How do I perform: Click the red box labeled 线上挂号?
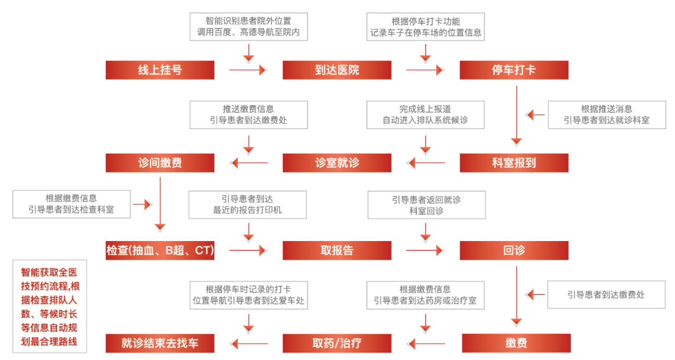click(160, 70)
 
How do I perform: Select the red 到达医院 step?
click(337, 70)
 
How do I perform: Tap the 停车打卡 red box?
click(513, 70)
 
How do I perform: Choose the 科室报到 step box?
click(513, 163)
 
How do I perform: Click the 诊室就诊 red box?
click(337, 163)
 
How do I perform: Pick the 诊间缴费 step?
click(160, 163)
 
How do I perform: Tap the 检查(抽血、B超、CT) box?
click(160, 250)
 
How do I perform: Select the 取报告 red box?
click(337, 250)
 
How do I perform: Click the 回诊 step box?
click(513, 250)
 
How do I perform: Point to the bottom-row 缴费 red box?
click(516, 343)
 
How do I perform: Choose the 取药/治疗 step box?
click(337, 343)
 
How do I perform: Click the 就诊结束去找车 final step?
click(160, 343)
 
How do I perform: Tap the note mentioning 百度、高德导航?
click(249, 27)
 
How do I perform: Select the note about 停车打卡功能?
click(425, 27)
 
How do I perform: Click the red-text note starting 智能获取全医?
click(50, 307)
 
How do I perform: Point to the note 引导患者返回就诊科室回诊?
click(426, 205)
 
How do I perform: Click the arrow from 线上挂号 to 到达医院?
click(248, 70)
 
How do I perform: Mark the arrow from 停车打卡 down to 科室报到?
click(516, 116)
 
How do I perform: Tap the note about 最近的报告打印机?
click(247, 205)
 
